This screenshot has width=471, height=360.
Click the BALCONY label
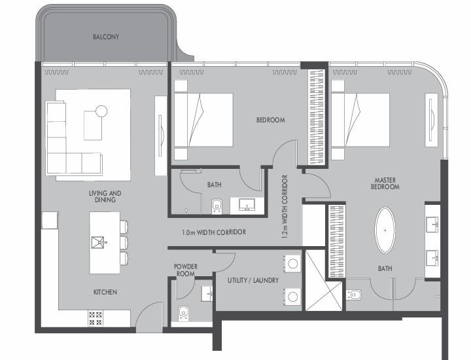click(106, 37)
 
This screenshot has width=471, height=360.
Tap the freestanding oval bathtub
click(385, 230)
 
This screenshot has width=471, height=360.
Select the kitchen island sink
click(98, 242)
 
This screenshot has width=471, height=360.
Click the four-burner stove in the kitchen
click(96, 319)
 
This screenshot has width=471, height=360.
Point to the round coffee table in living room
click(101, 111)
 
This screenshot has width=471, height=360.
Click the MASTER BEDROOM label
click(385, 183)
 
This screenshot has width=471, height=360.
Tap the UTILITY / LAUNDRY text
click(253, 280)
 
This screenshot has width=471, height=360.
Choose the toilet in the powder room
click(183, 314)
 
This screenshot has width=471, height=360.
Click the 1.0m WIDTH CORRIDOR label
click(214, 232)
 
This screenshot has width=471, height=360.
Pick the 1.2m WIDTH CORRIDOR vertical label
click(285, 207)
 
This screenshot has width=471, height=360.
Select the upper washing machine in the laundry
click(292, 264)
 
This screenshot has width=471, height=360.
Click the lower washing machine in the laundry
click(292, 297)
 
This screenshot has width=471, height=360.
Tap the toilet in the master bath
click(354, 295)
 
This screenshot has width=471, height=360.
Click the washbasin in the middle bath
click(247, 205)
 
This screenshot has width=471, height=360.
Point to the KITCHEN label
click(105, 292)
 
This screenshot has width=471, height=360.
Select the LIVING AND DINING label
click(105, 196)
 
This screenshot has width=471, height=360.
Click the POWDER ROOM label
click(186, 270)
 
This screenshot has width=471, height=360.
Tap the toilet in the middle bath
click(217, 206)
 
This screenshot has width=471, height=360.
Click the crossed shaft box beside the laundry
click(324, 281)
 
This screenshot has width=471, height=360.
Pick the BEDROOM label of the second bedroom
click(271, 120)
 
